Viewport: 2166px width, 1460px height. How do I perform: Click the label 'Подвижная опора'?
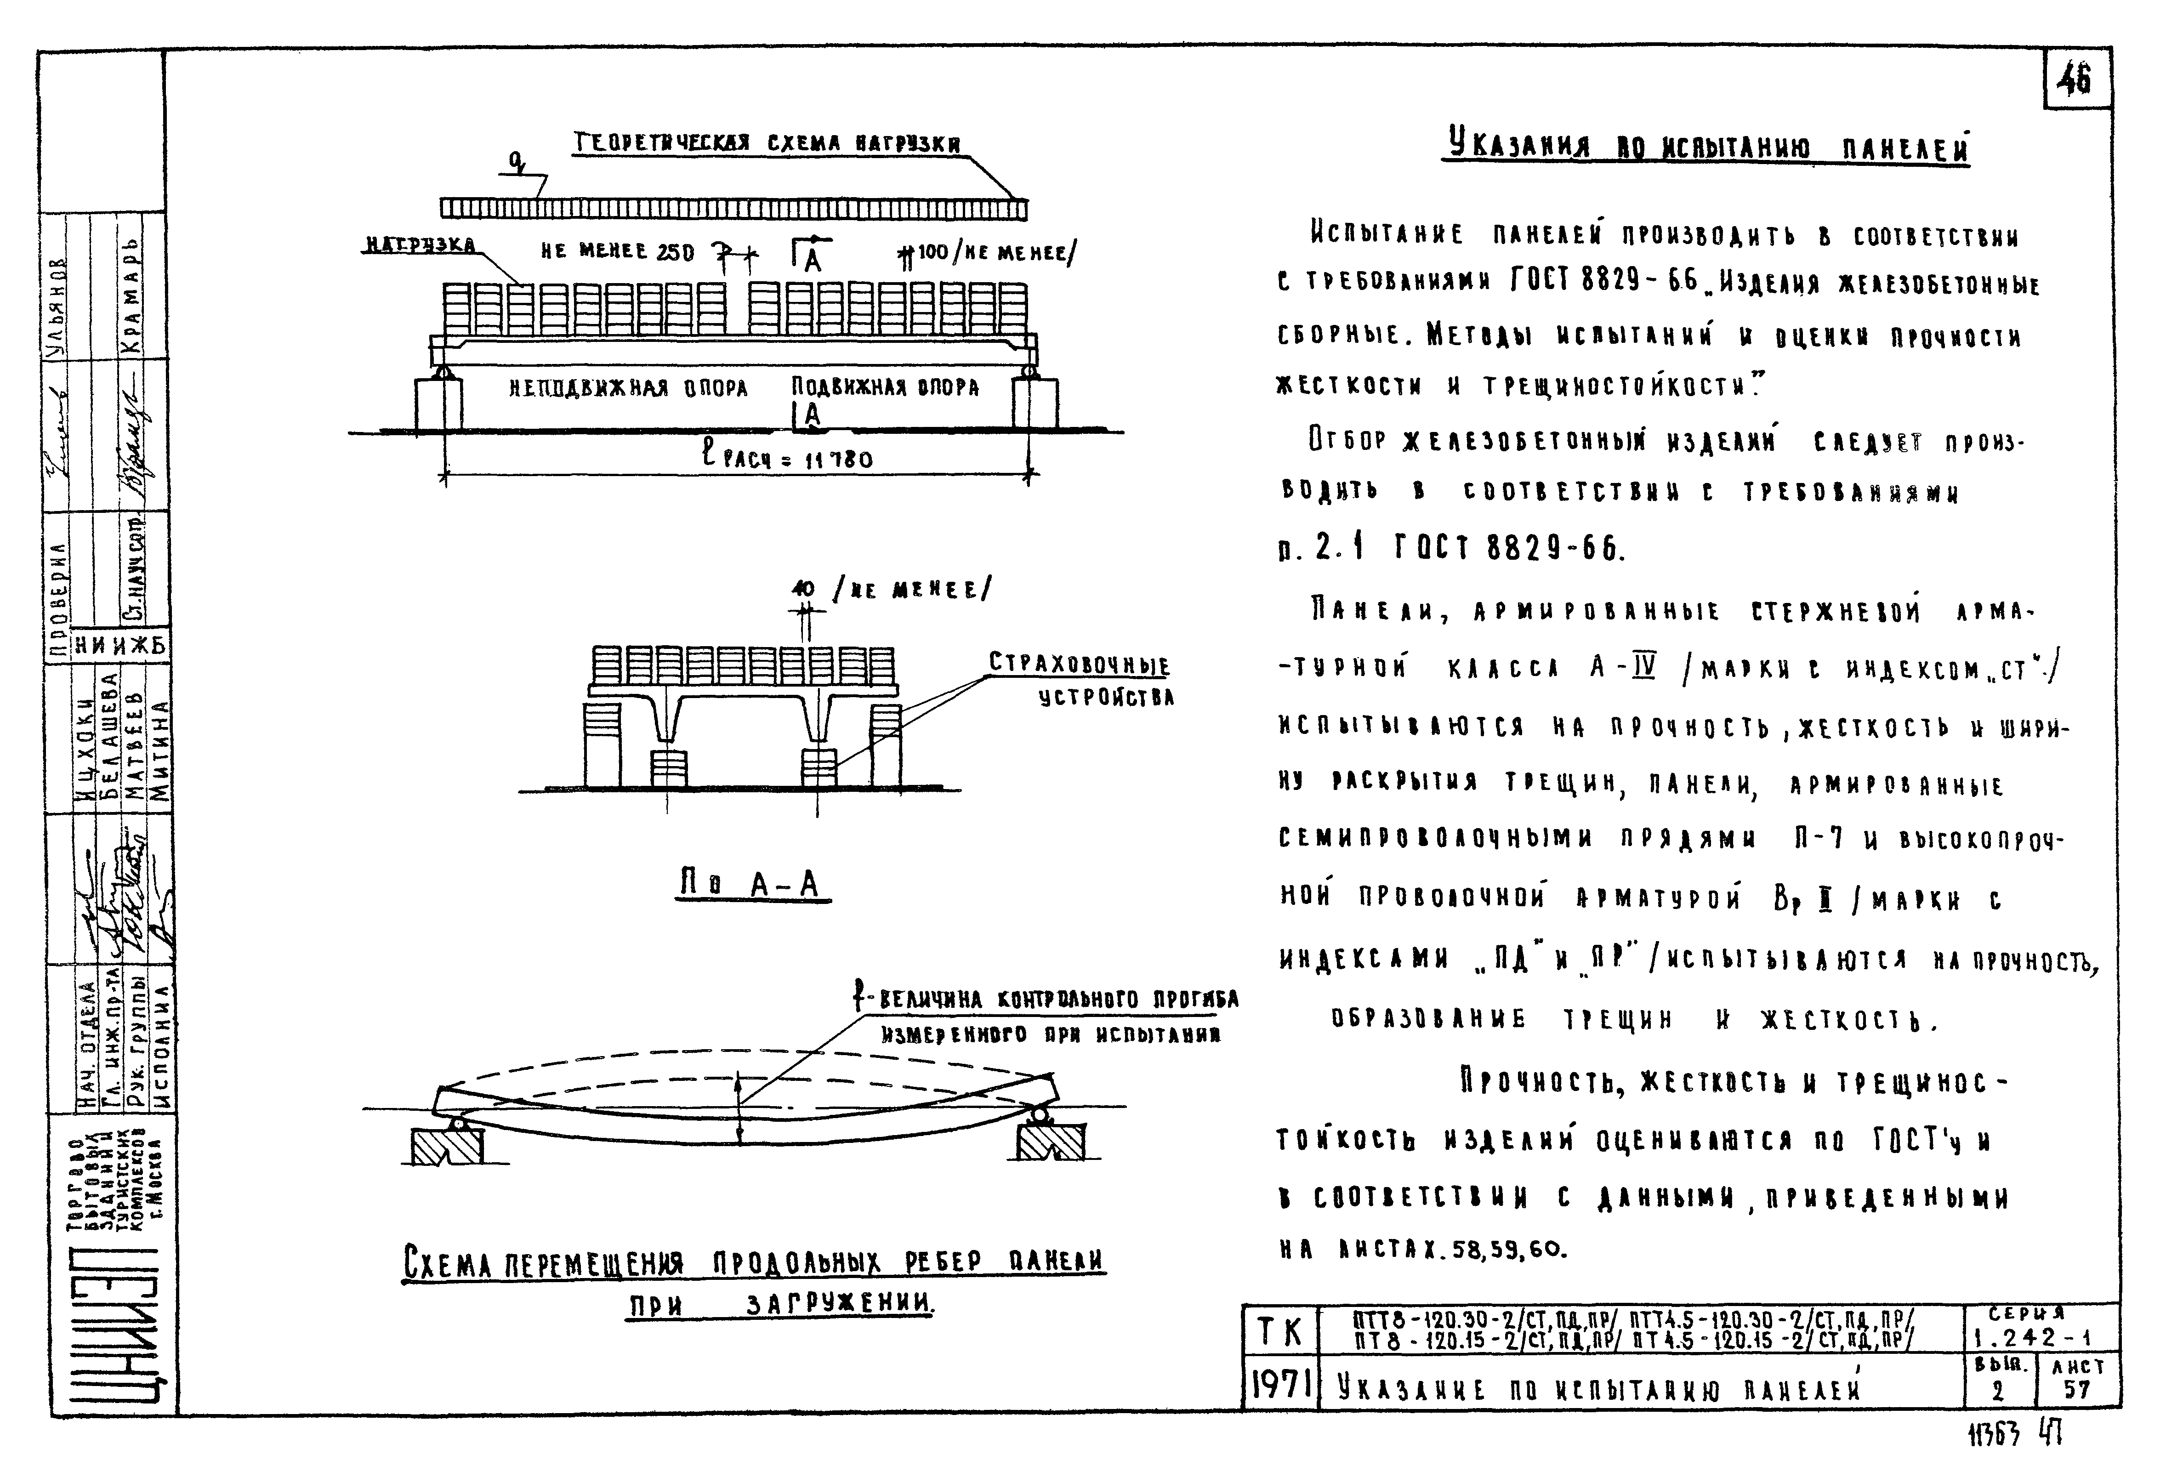click(x=885, y=387)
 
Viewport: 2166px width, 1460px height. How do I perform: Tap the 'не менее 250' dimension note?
click(x=617, y=251)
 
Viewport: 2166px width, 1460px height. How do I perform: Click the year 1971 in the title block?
click(x=1280, y=1387)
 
